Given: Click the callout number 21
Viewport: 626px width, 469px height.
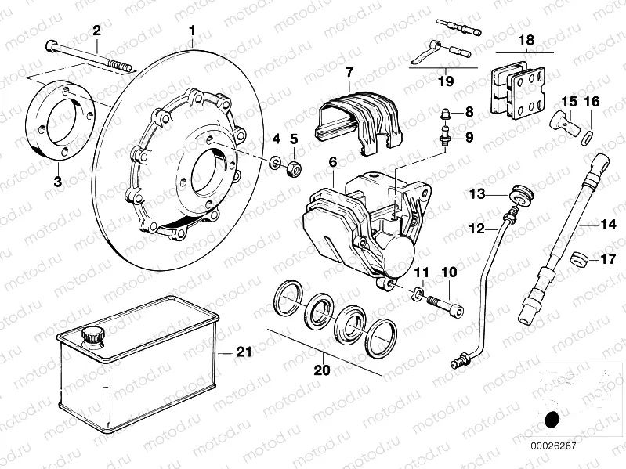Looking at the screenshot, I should pos(244,352).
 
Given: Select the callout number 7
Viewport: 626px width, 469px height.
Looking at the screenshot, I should pos(350,72).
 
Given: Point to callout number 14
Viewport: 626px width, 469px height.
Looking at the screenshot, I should pos(609,225).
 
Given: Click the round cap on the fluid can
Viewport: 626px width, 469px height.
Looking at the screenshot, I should pos(95,335).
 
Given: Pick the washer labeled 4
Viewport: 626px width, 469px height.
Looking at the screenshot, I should pos(276,164).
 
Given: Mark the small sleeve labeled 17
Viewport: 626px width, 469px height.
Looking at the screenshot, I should pos(580,259).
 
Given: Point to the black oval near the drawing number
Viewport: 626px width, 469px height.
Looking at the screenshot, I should pos(552,420).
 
